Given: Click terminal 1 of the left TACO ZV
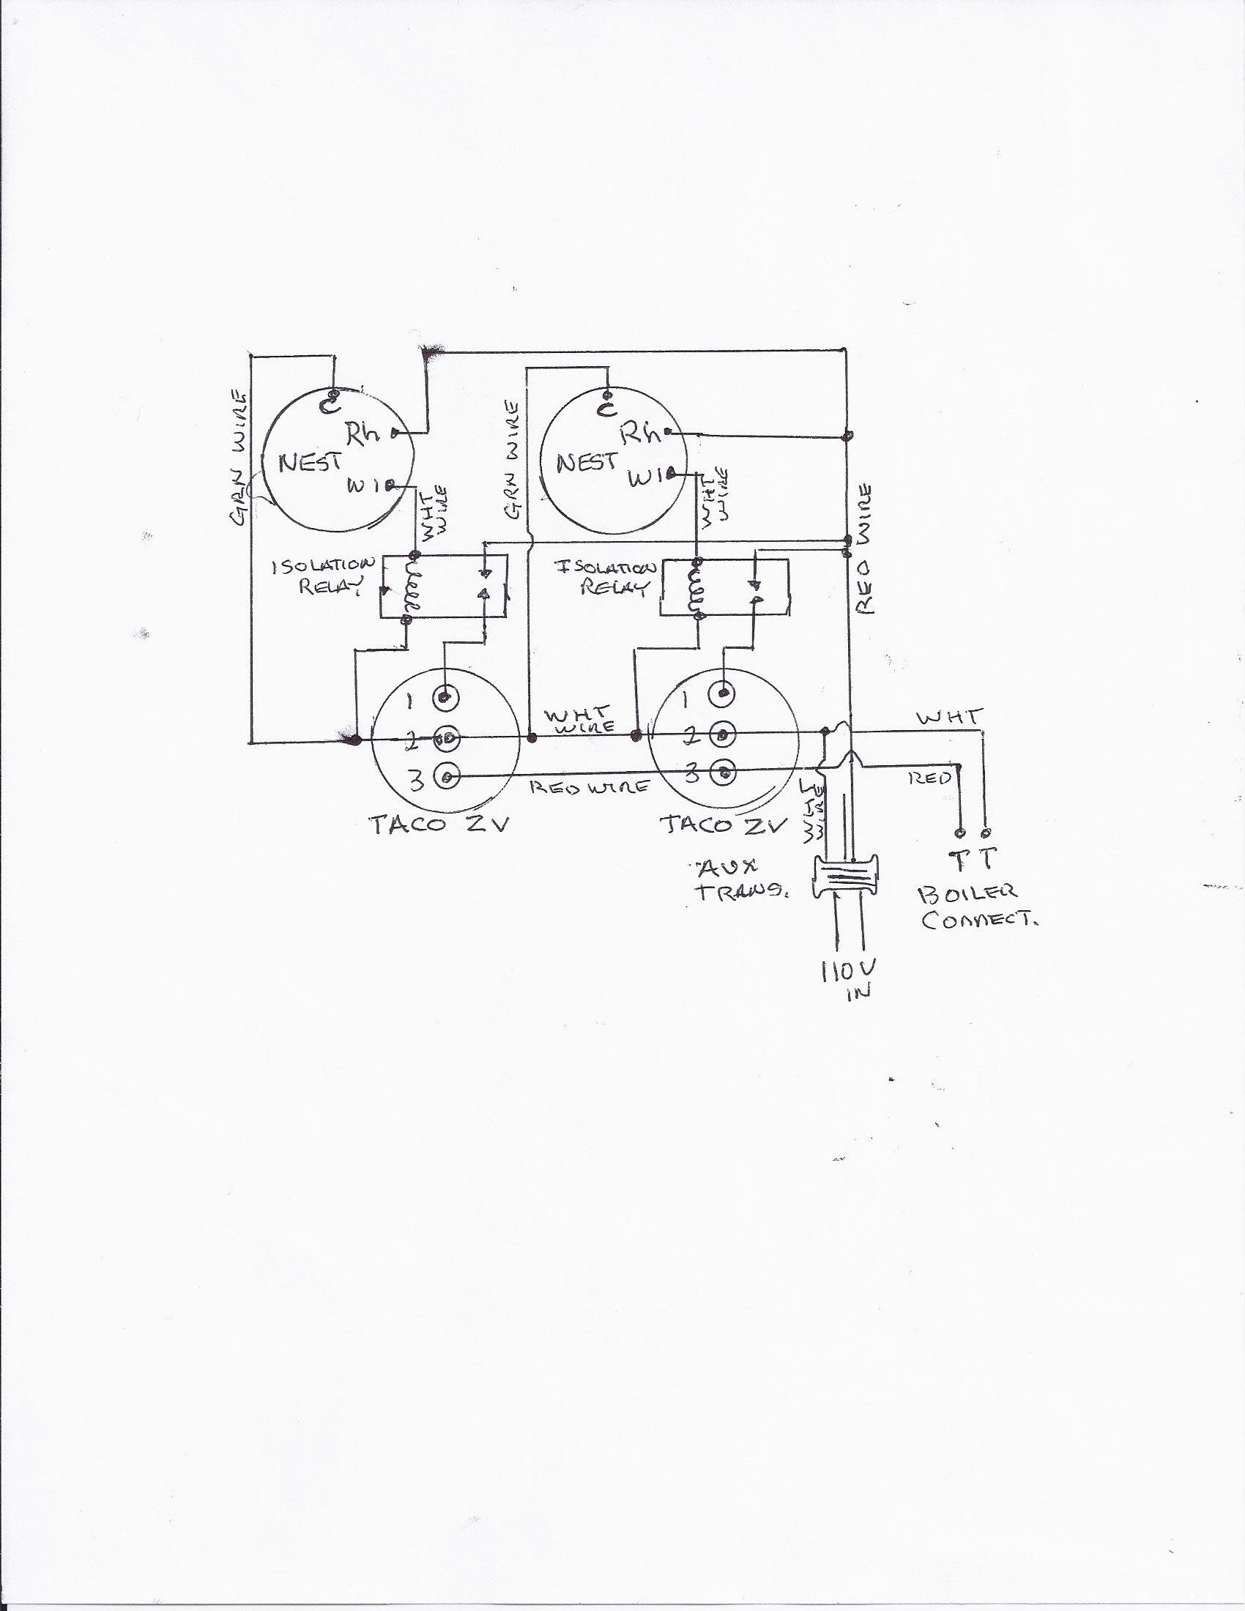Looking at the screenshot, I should [445, 696].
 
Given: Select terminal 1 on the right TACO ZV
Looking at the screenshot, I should [724, 693].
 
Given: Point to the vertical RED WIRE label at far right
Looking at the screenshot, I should [864, 547].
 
